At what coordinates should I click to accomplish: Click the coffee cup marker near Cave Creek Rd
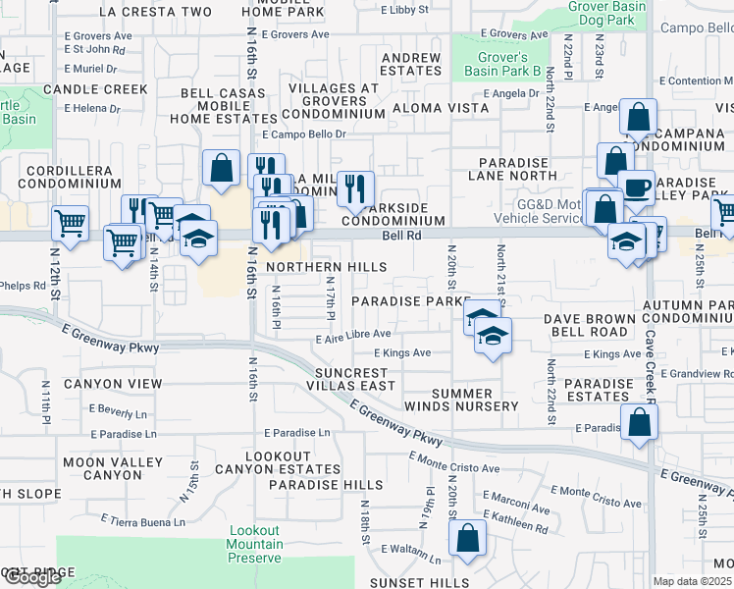pos(636,187)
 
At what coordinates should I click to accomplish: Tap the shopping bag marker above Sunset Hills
pos(467,538)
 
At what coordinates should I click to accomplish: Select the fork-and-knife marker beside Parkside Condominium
pos(354,187)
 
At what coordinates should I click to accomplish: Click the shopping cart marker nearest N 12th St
pos(70,223)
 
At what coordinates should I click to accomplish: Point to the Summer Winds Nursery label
pos(461,400)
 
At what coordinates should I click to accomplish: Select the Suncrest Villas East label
pos(356,379)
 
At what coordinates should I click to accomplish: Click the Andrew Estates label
pos(410,65)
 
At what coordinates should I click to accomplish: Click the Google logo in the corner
pos(31,577)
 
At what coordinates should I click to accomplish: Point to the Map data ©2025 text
pos(693,581)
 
